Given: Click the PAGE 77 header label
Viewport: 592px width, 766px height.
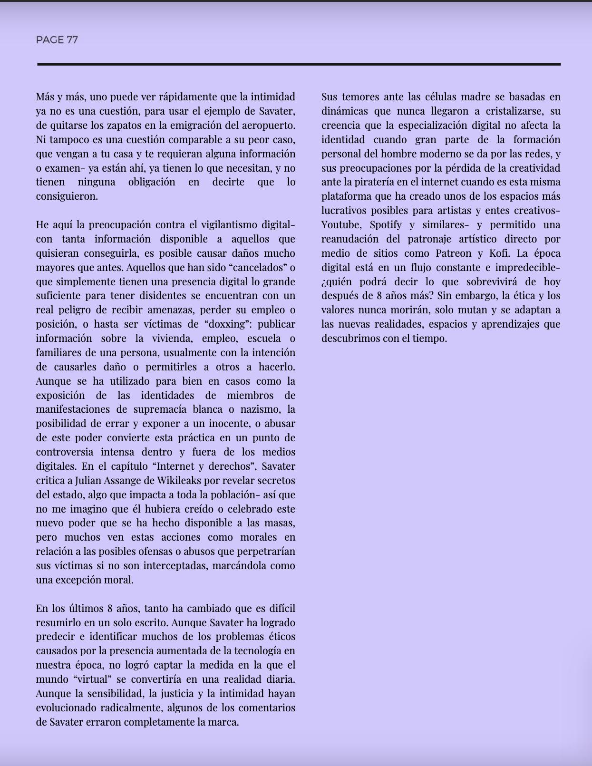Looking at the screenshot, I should coord(57,40).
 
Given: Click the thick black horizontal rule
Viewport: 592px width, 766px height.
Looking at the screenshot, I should coord(299,64).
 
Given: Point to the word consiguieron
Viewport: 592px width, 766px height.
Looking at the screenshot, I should coord(67,196).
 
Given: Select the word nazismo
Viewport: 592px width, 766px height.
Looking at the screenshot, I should coord(262,409).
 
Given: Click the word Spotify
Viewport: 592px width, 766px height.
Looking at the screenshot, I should coord(386,225).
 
